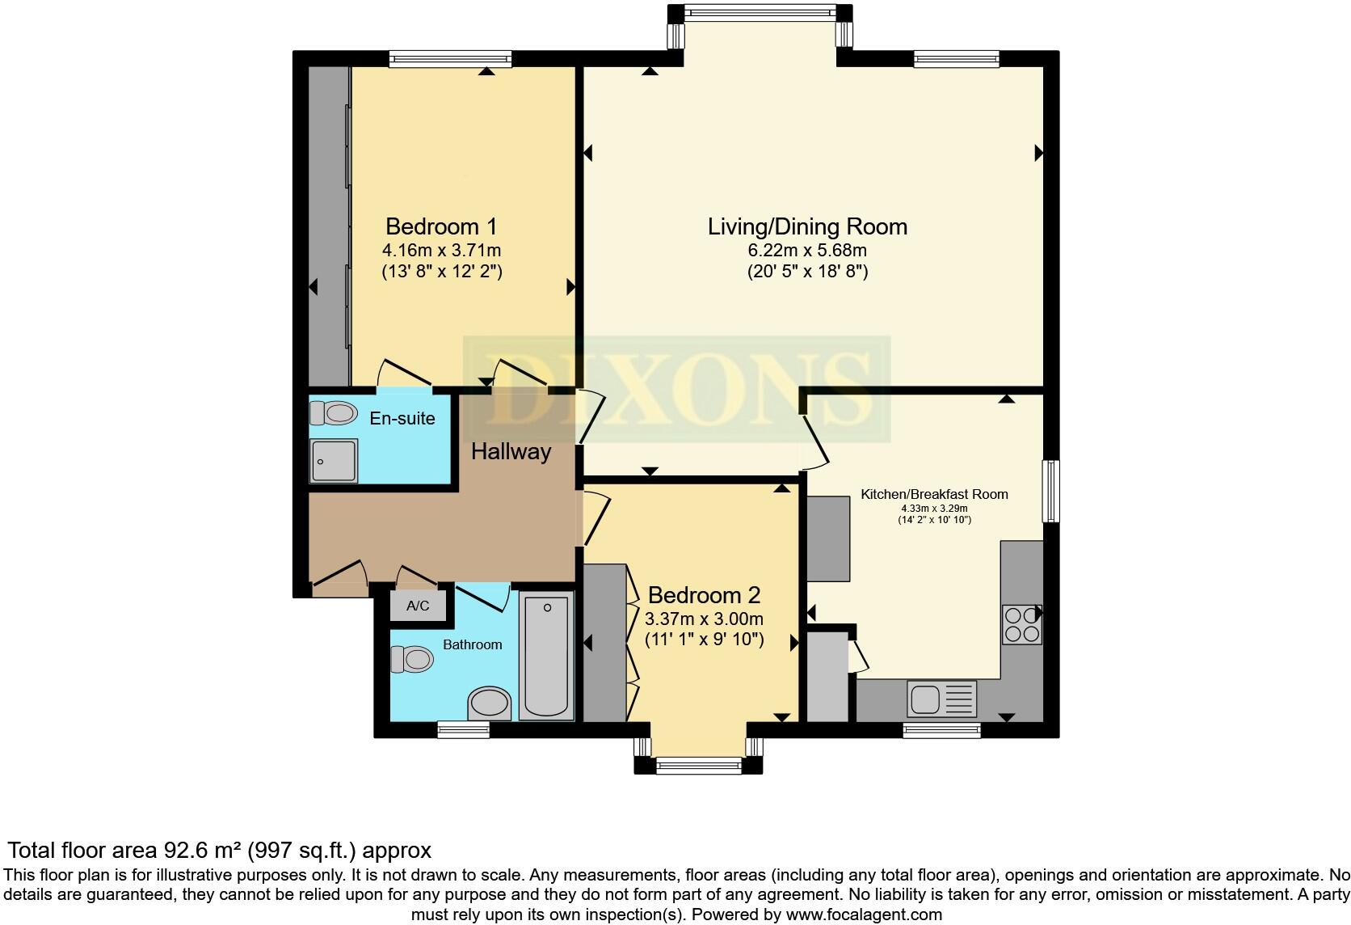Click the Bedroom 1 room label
pos(441,226)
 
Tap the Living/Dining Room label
pos(807,226)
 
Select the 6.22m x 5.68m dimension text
pos(807,250)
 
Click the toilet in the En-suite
pos(334,413)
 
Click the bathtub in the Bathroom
pos(546,656)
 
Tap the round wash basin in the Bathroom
pos(490,703)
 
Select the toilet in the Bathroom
pos(412,659)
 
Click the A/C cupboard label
pos(417,606)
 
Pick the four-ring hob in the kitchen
pos(1021,623)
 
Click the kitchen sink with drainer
pos(942,699)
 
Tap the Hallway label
pos(511,451)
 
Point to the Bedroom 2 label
pos(704,596)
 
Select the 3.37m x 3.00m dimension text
pos(704,619)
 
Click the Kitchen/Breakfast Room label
pos(934,494)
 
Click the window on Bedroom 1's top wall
pos(450,58)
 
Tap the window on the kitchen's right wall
pos(1050,491)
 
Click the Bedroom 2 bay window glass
pos(698,764)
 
